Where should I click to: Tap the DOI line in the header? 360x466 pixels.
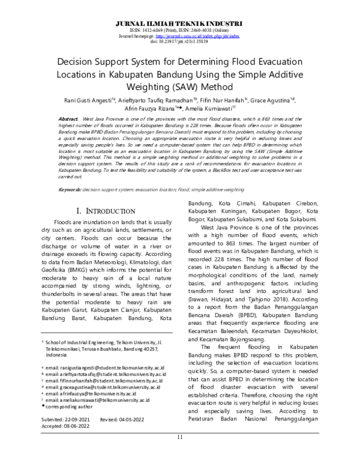pos(180,42)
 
